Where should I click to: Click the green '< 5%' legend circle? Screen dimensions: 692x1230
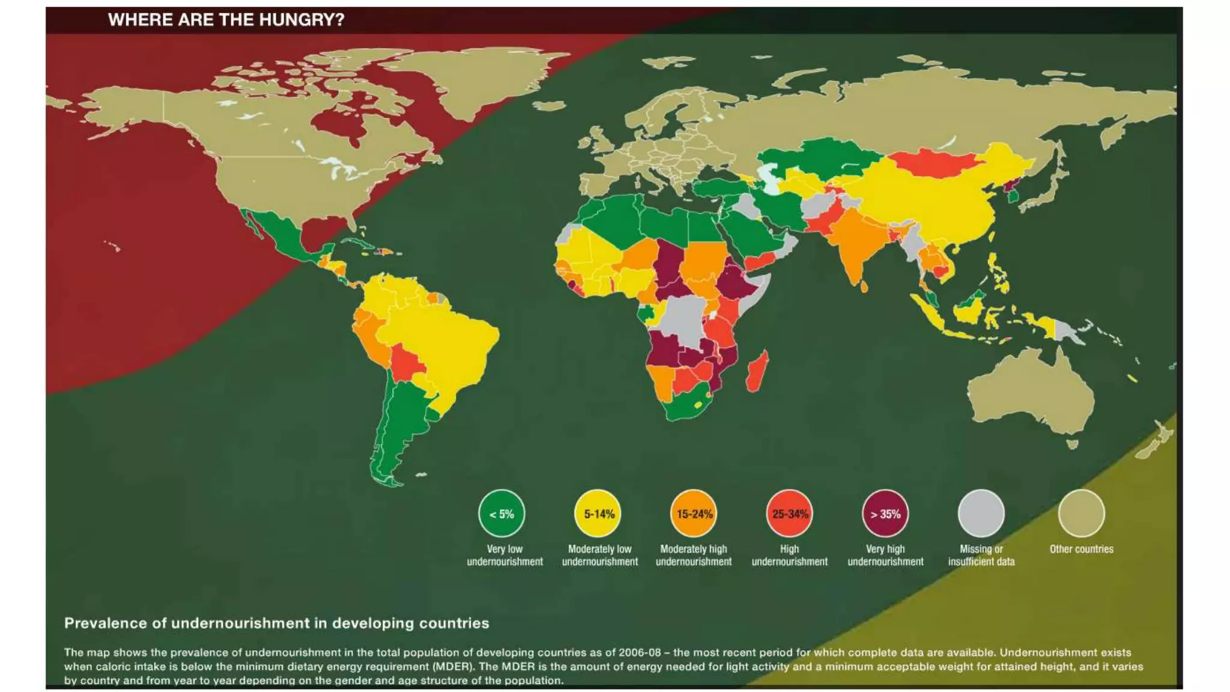501,514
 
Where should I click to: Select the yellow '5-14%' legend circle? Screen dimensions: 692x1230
598,514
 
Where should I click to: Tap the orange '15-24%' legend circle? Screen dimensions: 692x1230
694,514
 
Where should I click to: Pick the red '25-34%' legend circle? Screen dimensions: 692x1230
789,514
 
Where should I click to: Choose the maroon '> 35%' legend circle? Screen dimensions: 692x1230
885,514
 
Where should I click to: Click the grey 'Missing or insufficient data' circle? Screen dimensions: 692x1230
981,514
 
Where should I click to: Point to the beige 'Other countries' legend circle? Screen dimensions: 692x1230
1081,514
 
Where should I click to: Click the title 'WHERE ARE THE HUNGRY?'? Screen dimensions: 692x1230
226,20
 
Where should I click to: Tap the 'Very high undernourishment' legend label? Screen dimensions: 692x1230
885,556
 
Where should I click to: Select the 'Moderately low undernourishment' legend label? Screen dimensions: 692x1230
599,556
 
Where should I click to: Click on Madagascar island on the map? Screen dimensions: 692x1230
757,371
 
